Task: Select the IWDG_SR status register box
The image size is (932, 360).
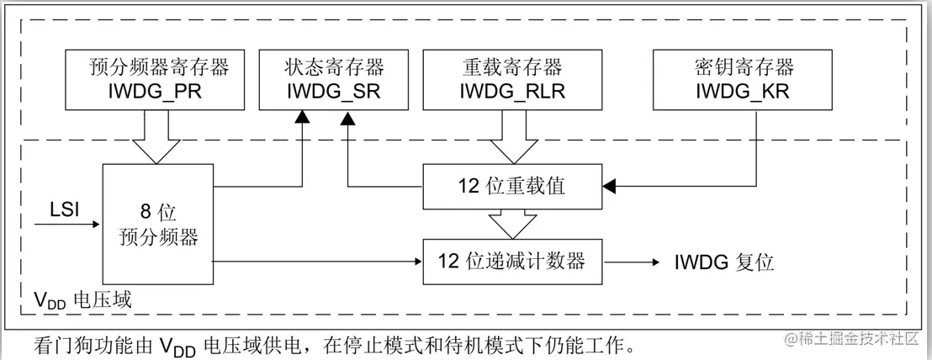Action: coord(321,78)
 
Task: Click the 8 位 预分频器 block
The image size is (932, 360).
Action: coord(157,223)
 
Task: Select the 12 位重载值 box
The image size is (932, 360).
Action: coord(511,185)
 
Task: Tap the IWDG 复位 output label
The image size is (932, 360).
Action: coord(723,262)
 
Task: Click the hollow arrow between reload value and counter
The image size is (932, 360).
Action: coord(511,223)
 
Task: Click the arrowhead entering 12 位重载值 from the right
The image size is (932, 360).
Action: coord(609,185)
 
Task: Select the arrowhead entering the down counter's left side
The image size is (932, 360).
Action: coord(416,262)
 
